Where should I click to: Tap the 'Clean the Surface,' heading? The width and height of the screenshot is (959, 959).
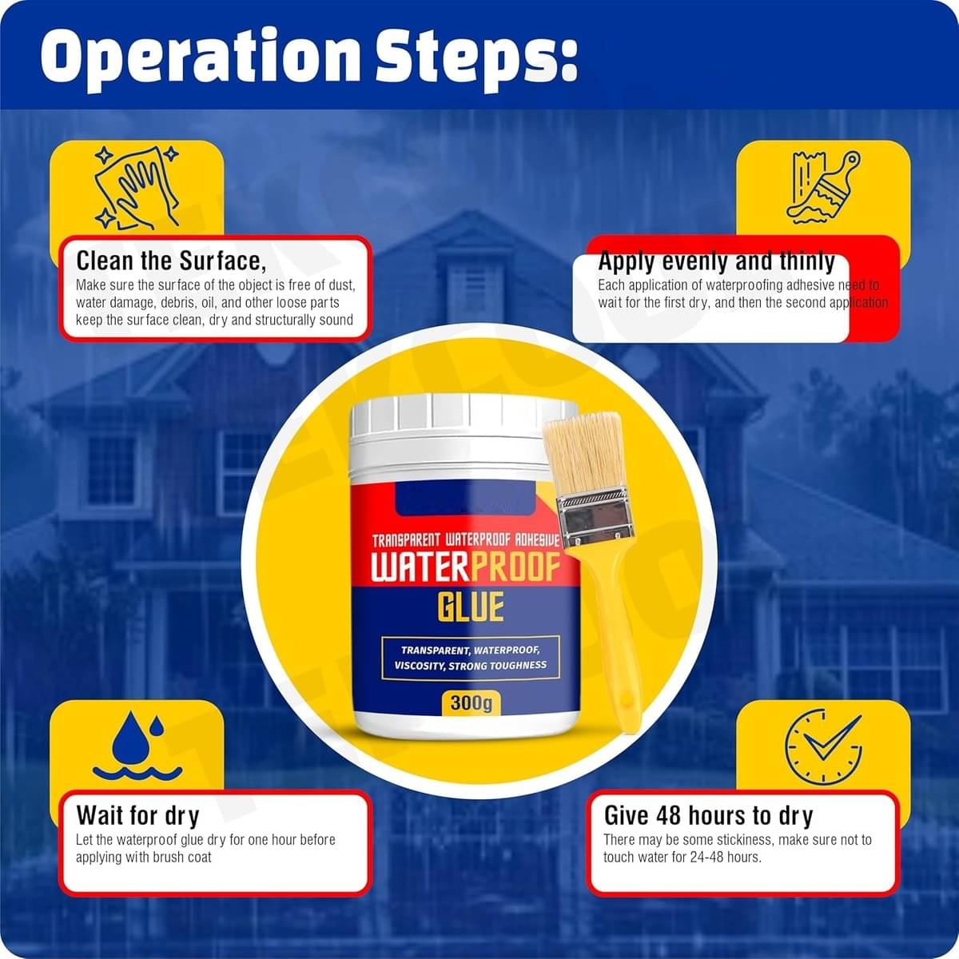(x=170, y=261)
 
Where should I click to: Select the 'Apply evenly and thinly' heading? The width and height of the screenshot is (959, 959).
(x=716, y=261)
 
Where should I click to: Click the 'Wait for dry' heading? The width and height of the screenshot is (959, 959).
(x=137, y=815)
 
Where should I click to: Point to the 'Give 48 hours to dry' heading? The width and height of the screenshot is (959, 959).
(x=708, y=815)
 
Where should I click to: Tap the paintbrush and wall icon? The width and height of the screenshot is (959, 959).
(x=823, y=187)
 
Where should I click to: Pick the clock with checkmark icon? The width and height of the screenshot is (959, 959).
(x=823, y=746)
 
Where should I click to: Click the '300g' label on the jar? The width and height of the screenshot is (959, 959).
(x=471, y=703)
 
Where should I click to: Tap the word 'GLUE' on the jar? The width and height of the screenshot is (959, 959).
(x=470, y=607)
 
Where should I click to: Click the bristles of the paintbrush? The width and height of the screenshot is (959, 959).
(x=586, y=452)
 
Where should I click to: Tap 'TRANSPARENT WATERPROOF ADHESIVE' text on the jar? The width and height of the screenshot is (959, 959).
(x=465, y=541)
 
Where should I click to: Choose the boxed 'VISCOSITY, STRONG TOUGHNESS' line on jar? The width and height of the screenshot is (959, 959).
(x=470, y=666)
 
